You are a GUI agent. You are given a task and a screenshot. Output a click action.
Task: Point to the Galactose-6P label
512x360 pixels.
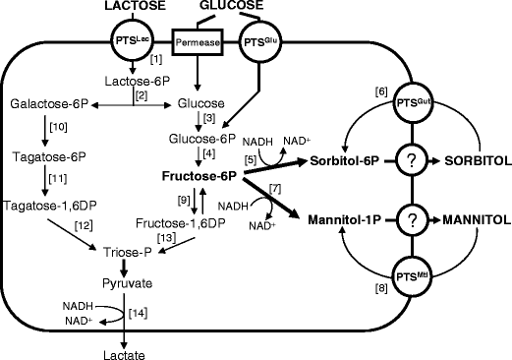coord(50,103)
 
